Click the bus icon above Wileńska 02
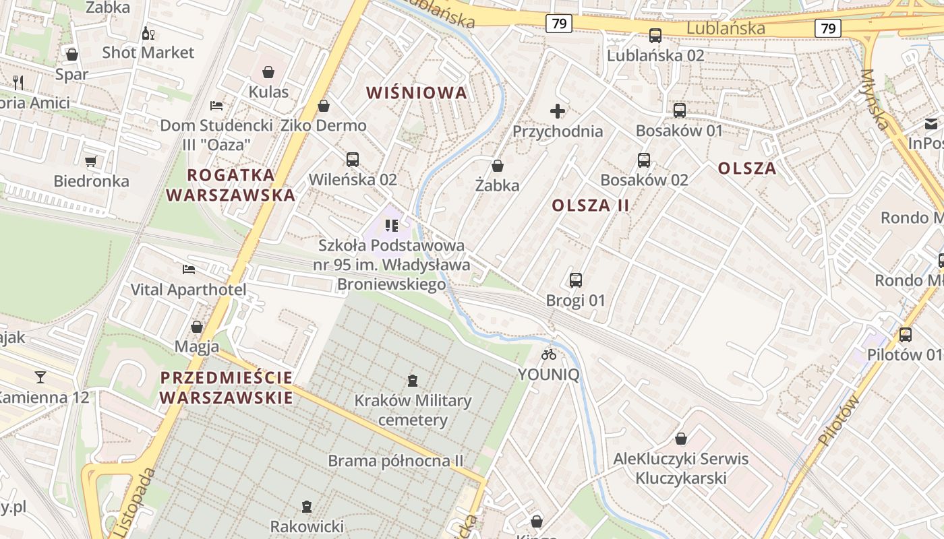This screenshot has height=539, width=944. (x=352, y=160)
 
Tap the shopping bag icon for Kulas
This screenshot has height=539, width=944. (x=268, y=72)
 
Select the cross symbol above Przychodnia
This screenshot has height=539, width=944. (x=558, y=111)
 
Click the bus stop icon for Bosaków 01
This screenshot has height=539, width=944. (x=680, y=110)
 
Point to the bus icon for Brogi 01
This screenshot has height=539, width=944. (x=576, y=280)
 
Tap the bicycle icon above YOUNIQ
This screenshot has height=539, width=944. (x=549, y=354)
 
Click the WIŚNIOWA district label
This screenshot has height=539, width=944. (x=417, y=93)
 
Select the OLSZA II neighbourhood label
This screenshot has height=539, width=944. (x=591, y=205)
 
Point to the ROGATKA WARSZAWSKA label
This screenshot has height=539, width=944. (x=231, y=185)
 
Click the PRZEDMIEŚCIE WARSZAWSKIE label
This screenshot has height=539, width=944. (x=227, y=387)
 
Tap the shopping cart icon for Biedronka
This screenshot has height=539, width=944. (x=91, y=161)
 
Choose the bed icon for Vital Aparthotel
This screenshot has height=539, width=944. (x=189, y=269)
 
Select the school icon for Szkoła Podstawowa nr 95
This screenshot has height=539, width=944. (x=391, y=226)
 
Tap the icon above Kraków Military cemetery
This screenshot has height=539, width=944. (x=413, y=381)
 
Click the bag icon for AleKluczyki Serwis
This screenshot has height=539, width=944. (x=681, y=439)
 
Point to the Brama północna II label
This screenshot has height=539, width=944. (x=396, y=462)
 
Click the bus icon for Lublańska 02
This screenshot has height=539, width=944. (x=655, y=36)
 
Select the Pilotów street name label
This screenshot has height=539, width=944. (x=839, y=421)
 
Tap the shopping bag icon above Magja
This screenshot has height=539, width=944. (x=197, y=327)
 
